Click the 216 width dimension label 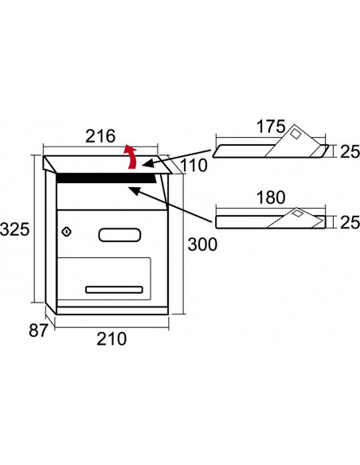tap(100, 136)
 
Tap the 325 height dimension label tap(15, 229)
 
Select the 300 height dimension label tap(202, 244)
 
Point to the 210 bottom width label tap(112, 338)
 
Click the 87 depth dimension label tap(38, 330)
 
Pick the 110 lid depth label tap(194, 165)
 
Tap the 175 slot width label tap(271, 127)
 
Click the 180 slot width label tap(271, 197)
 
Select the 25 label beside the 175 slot tap(350, 151)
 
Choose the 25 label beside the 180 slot tap(350, 222)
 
